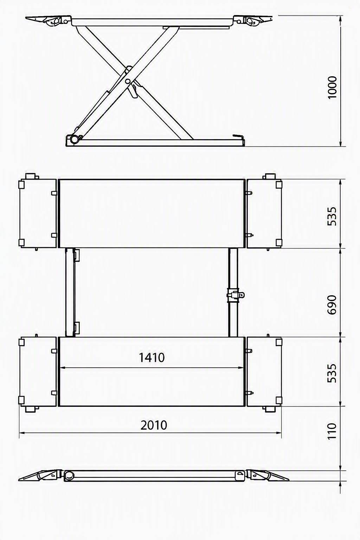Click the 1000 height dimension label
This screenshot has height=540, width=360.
(x=332, y=87)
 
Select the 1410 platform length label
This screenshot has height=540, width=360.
(x=152, y=358)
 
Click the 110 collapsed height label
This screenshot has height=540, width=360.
(x=332, y=431)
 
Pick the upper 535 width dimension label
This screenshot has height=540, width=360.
(x=332, y=216)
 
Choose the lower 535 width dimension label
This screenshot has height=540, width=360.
(x=332, y=373)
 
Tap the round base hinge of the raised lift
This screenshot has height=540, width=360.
(x=74, y=139)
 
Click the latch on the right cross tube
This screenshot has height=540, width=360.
(x=235, y=295)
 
